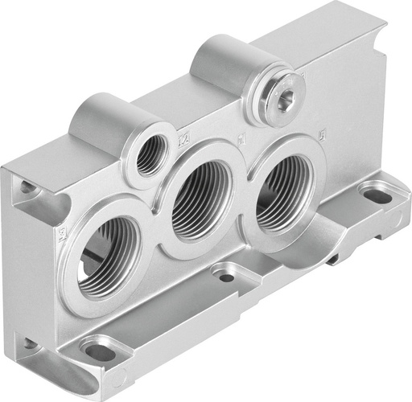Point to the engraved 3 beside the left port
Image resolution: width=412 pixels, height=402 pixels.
62,236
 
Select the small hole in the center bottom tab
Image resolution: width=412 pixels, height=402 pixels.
227,278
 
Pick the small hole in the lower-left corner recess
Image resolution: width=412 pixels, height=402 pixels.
30,344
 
